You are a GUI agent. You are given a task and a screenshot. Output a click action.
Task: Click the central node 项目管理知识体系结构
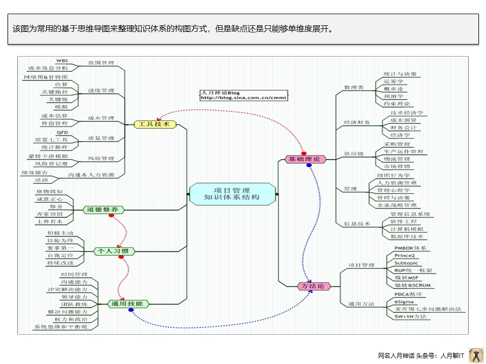pyautogui.click(x=233, y=194)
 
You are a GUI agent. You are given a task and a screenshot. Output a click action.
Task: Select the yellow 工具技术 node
pyautogui.click(x=154, y=124)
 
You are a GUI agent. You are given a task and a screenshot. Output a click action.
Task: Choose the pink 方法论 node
pyautogui.click(x=312, y=286)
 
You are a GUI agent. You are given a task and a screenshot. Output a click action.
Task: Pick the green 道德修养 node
pyautogui.click(x=103, y=209)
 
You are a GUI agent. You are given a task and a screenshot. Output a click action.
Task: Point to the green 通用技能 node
pyautogui.click(x=128, y=304)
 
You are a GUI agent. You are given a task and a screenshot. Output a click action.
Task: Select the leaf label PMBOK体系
pyautogui.click(x=410, y=248)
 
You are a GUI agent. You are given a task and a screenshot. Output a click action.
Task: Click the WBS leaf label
pyautogui.click(x=61, y=60)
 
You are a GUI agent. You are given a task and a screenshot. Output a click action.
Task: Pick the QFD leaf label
pyautogui.click(x=62, y=132)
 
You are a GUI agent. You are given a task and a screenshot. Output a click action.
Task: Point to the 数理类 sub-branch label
pyautogui.click(x=354, y=87)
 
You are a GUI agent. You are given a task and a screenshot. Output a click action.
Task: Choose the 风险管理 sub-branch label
pyautogui.click(x=101, y=158)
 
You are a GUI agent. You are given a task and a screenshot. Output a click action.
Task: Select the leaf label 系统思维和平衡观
pyautogui.click(x=61, y=327)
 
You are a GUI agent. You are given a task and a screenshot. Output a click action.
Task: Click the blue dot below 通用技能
pyautogui.click(x=131, y=310)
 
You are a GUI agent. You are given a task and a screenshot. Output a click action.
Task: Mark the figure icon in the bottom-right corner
pyautogui.click(x=475, y=355)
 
